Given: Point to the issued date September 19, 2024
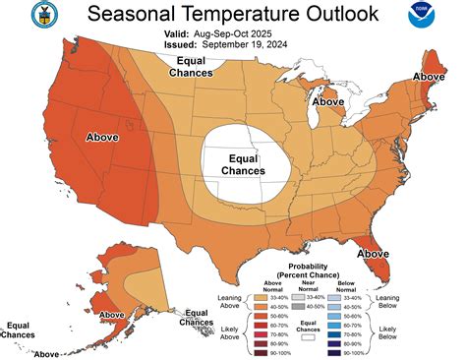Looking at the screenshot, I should (243, 44).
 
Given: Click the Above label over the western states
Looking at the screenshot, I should (105, 138).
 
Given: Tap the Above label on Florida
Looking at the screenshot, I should (374, 253).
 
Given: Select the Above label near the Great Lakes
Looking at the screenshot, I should (327, 101).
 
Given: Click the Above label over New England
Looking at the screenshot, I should (430, 76).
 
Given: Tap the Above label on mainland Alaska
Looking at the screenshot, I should (112, 316).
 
